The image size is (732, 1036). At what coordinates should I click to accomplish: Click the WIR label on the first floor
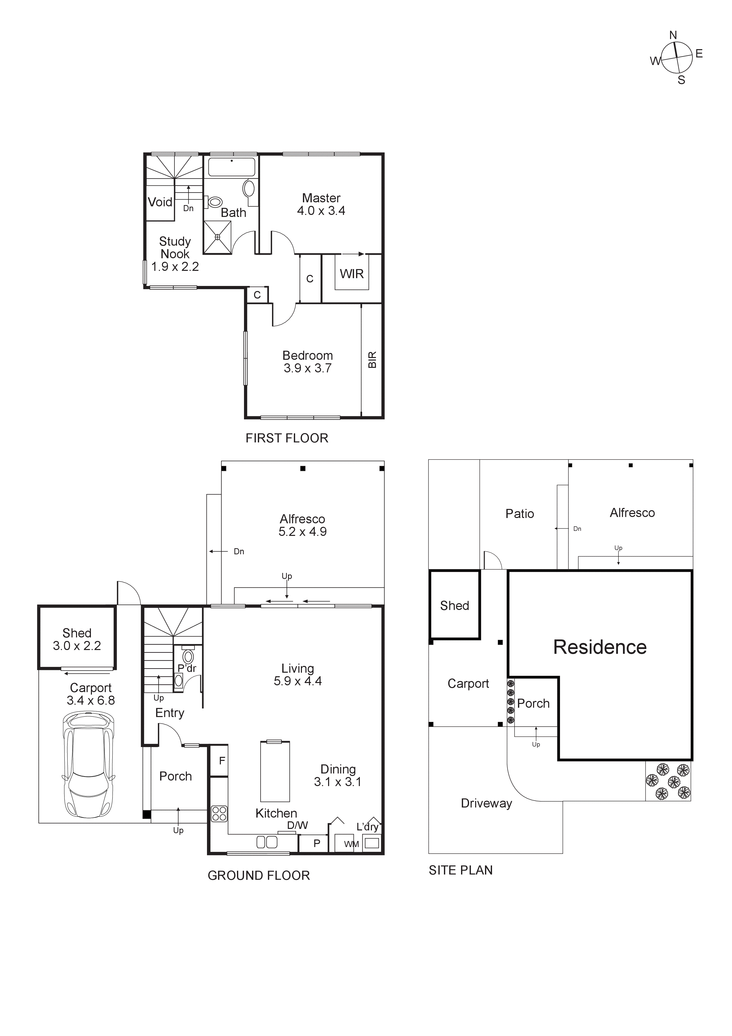[x=352, y=274]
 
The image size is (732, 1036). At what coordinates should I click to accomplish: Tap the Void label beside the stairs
[x=160, y=202]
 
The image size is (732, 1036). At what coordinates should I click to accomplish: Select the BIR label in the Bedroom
[x=372, y=360]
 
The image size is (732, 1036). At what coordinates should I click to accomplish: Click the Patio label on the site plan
[x=519, y=513]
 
